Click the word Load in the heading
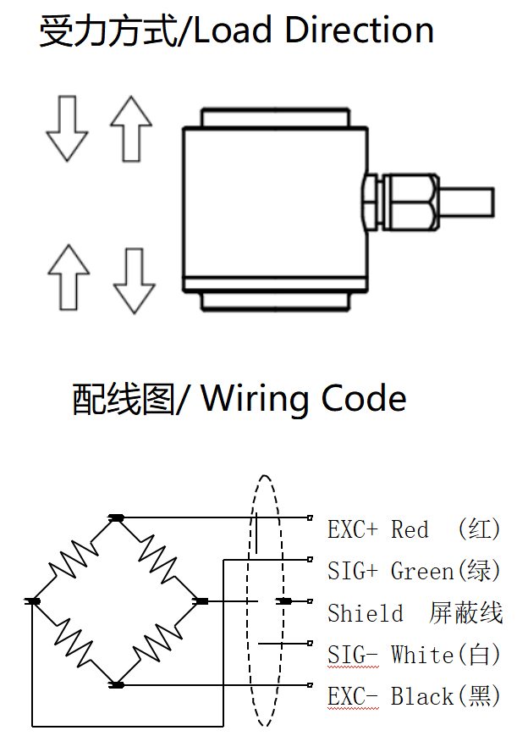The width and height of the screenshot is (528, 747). click(236, 31)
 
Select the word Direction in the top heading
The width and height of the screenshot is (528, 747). click(359, 31)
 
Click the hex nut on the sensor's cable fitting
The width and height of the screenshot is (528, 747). click(370, 202)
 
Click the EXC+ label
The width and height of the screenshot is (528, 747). click(352, 530)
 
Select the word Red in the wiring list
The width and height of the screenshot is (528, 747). click(410, 530)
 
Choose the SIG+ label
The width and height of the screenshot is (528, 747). click(352, 572)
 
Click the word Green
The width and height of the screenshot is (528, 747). click(422, 572)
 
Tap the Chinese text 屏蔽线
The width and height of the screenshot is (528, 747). click(466, 613)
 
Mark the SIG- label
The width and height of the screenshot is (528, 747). click(352, 655)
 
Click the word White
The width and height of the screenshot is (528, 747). click(422, 655)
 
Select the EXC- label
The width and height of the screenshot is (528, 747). click(352, 696)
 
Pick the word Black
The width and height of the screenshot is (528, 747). click(422, 696)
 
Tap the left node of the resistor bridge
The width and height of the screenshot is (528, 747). click(33, 601)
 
